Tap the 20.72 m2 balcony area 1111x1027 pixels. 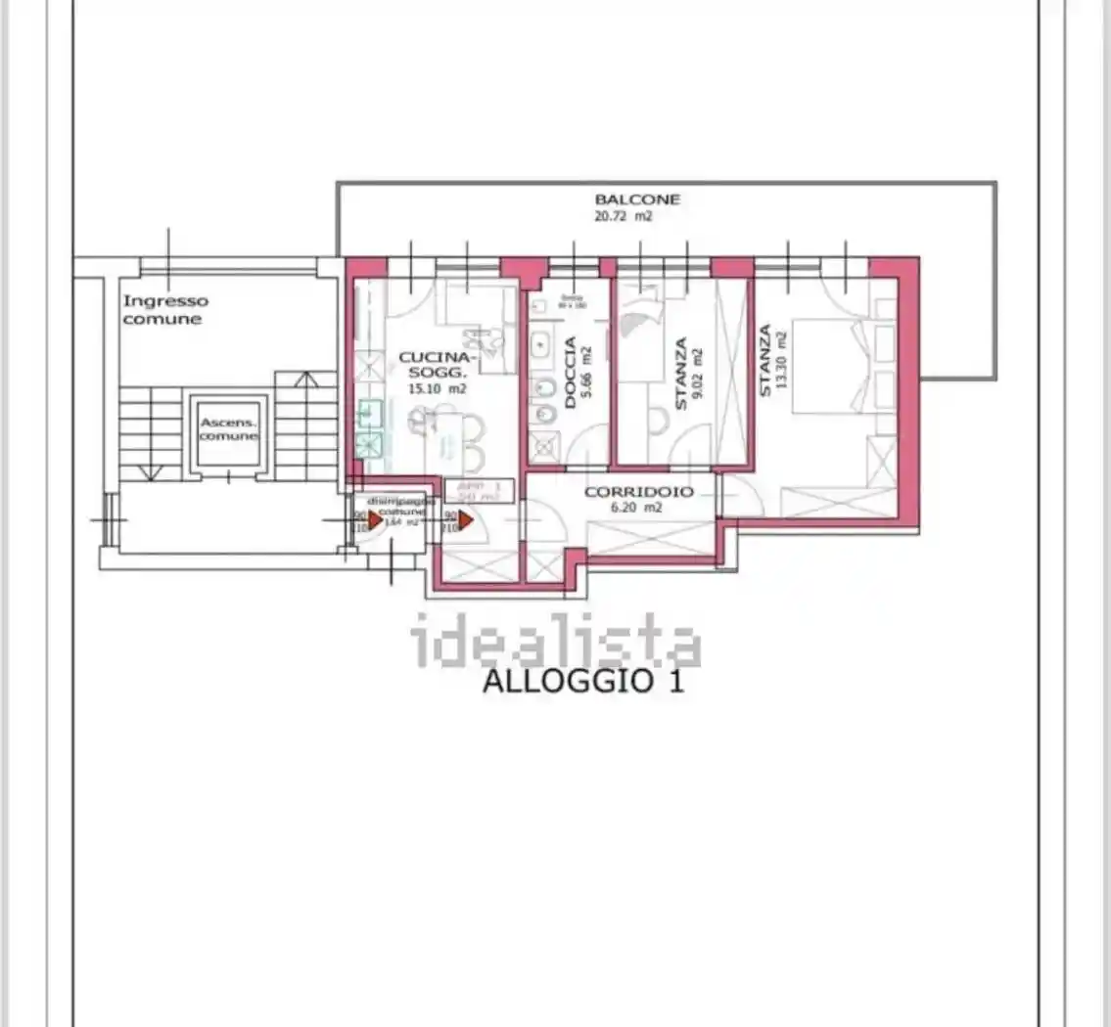(623, 216)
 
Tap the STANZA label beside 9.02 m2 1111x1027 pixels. (681, 373)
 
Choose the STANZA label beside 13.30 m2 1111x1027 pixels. (764, 360)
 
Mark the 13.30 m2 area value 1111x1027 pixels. (782, 360)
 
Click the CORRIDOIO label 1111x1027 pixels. (638, 492)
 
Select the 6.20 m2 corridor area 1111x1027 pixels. (638, 508)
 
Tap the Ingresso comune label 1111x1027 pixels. (165, 310)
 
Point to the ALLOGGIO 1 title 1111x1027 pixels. (583, 681)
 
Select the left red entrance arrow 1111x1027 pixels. (375, 521)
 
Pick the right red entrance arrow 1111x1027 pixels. (466, 521)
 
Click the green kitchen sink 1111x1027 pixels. (369, 428)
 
